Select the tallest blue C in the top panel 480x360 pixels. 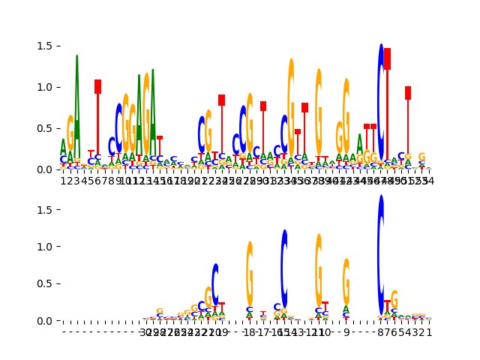coord(381,101)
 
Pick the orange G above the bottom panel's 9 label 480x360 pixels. coord(346,280)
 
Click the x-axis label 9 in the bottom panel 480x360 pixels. coord(346,331)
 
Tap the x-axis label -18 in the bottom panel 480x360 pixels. coord(250,331)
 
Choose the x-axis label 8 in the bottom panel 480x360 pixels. coord(381,331)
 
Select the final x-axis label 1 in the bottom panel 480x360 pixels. coord(429,331)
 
